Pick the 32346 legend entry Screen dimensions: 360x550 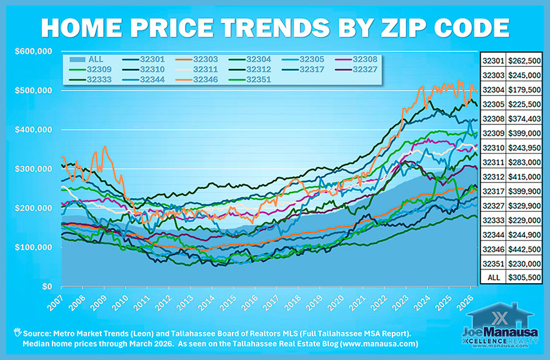pos(205,79)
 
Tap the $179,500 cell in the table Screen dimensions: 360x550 pos(524,90)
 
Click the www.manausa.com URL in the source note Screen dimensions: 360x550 pos(368,344)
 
